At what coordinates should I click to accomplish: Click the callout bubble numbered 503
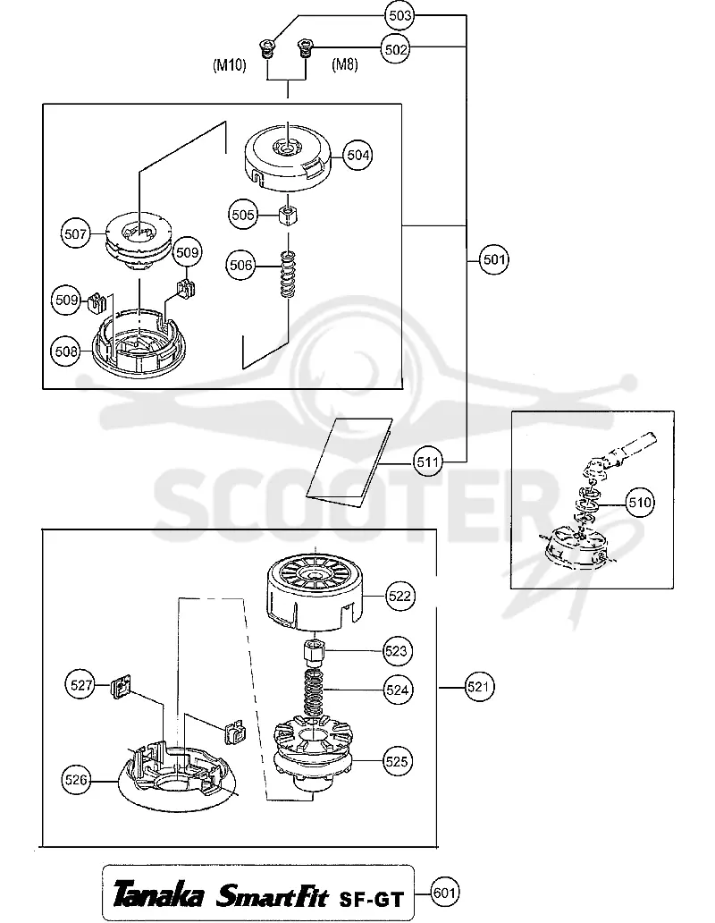pyautogui.click(x=400, y=15)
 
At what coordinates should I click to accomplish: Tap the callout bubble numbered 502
pyautogui.click(x=396, y=49)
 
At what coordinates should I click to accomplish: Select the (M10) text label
pyautogui.click(x=230, y=64)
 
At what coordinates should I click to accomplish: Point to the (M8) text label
pyautogui.click(x=345, y=64)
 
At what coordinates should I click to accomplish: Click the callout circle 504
pyautogui.click(x=358, y=155)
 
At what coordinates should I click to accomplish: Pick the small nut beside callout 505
pyautogui.click(x=288, y=215)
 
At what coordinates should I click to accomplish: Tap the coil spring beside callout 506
pyautogui.click(x=288, y=275)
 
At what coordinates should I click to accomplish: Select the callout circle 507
pyautogui.click(x=76, y=233)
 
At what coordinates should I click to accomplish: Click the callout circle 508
pyautogui.click(x=66, y=351)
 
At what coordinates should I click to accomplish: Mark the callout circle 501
pyautogui.click(x=494, y=259)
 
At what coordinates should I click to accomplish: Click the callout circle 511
pyautogui.click(x=428, y=462)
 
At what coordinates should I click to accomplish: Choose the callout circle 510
pyautogui.click(x=640, y=502)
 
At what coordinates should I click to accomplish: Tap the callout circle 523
pyautogui.click(x=396, y=650)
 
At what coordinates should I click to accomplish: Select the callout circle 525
pyautogui.click(x=396, y=761)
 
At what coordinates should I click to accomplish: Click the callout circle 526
pyautogui.click(x=76, y=780)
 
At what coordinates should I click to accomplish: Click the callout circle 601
pyautogui.click(x=444, y=893)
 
